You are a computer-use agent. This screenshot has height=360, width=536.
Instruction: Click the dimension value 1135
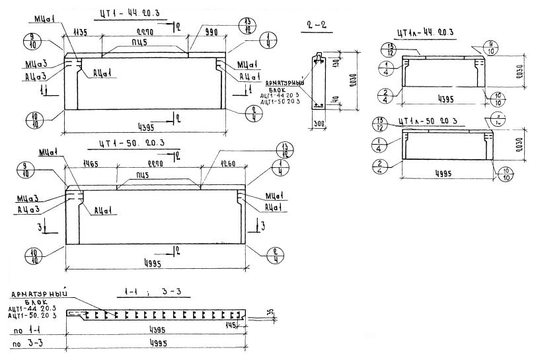coord(81,32)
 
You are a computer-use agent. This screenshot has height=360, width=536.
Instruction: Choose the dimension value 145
coord(231,324)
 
